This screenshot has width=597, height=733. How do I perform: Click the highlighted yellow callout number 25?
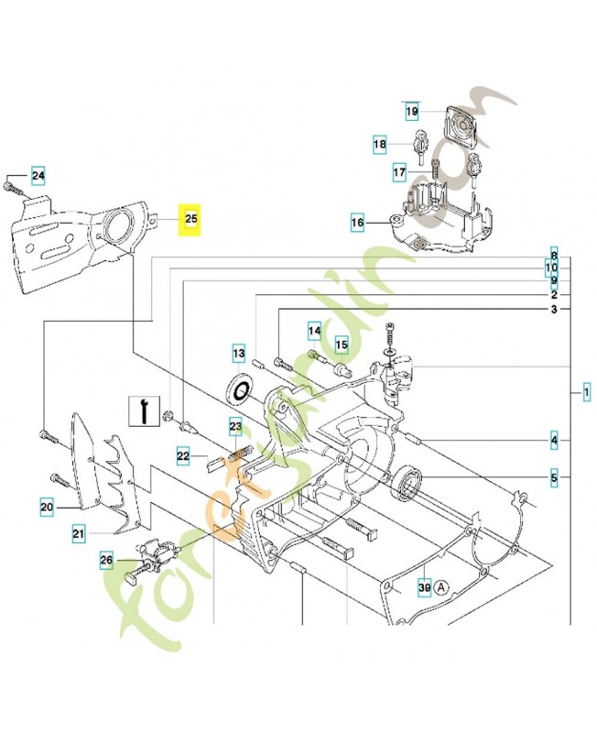click(x=190, y=219)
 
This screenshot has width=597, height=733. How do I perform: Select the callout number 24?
click(x=38, y=175)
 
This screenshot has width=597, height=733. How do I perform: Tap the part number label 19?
click(x=412, y=111)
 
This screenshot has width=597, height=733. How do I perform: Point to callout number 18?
click(x=379, y=144)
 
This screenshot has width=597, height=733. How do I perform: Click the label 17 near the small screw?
click(x=399, y=171)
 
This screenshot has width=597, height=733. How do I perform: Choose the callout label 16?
click(x=357, y=222)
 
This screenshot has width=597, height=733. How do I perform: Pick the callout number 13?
click(x=238, y=353)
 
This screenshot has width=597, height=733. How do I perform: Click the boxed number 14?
click(x=314, y=331)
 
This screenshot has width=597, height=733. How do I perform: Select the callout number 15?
click(x=341, y=345)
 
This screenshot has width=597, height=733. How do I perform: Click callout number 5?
click(x=554, y=476)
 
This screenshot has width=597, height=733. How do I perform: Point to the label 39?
click(x=424, y=586)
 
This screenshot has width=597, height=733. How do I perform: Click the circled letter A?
click(x=440, y=586)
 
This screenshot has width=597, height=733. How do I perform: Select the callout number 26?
click(x=106, y=561)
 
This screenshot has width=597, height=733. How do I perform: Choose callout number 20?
click(x=47, y=505)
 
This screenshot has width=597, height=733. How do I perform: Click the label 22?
click(x=183, y=455)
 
